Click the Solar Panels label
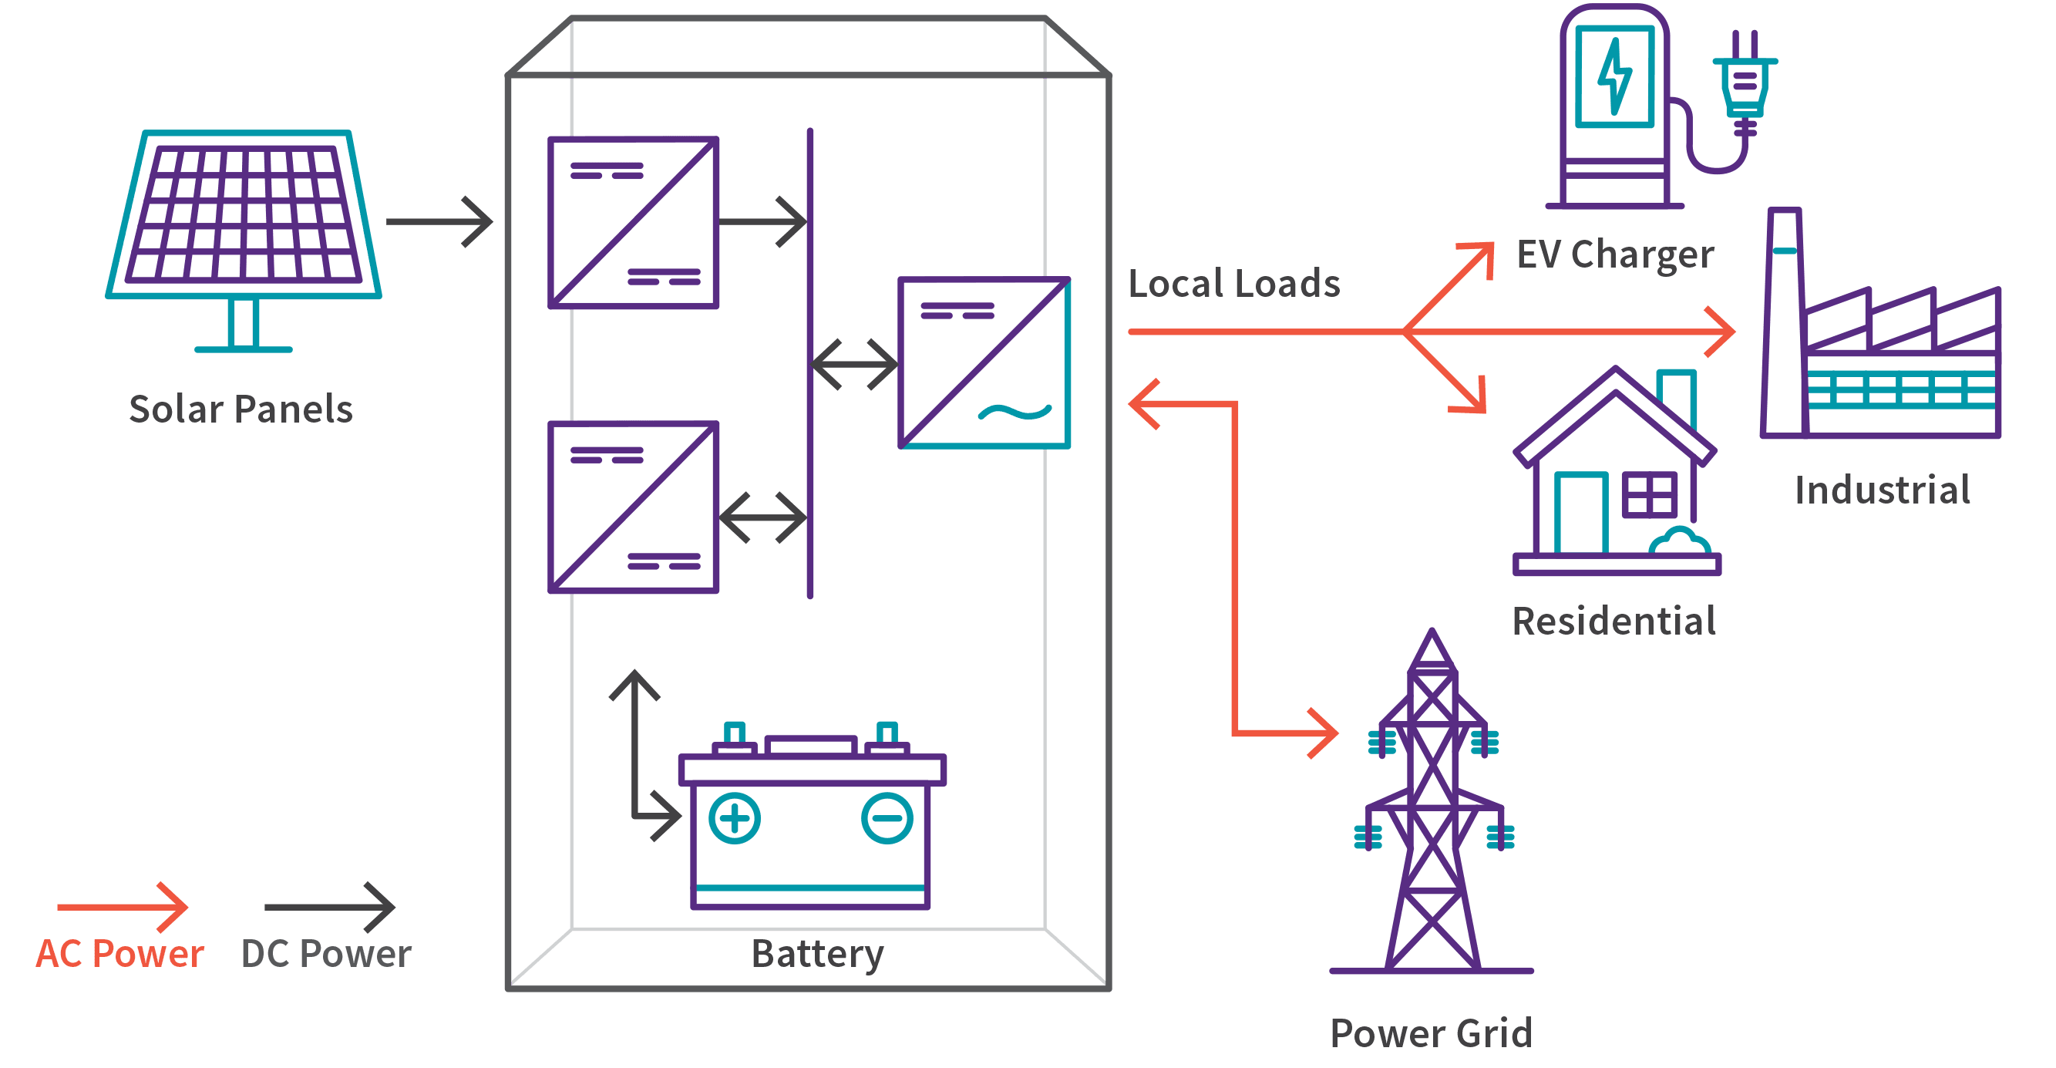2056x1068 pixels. click(x=241, y=409)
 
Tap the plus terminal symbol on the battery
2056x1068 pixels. click(x=734, y=818)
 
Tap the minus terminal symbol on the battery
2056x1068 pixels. click(x=887, y=818)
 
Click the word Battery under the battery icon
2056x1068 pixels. click(x=817, y=954)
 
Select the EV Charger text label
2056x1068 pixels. click(x=1614, y=255)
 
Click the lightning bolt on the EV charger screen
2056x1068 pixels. click(x=1614, y=76)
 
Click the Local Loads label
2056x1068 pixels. click(x=1234, y=285)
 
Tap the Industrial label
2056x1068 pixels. click(x=1882, y=490)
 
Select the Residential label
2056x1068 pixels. click(x=1614, y=622)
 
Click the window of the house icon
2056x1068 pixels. click(x=1650, y=495)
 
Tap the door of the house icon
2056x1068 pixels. click(x=1580, y=513)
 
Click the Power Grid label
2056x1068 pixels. click(x=1431, y=1033)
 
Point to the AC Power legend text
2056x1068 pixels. click(x=119, y=954)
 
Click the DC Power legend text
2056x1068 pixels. click(x=325, y=954)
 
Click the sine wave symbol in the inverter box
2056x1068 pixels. click(x=1015, y=412)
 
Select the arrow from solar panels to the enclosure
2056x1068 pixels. click(x=439, y=221)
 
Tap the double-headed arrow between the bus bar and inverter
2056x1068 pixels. click(x=854, y=365)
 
